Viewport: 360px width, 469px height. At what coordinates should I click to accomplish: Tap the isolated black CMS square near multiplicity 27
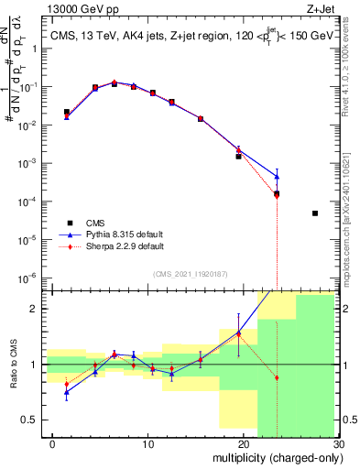[x=314, y=213]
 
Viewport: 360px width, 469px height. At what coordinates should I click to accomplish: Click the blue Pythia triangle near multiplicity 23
[x=277, y=176]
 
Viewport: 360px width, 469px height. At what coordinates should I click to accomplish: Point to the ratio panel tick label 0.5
[x=29, y=420]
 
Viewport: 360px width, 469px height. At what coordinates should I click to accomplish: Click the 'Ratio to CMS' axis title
[x=13, y=364]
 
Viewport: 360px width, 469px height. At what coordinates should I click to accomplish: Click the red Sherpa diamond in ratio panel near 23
[x=277, y=377]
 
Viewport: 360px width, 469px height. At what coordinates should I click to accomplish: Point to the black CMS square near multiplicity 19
[x=239, y=157]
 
